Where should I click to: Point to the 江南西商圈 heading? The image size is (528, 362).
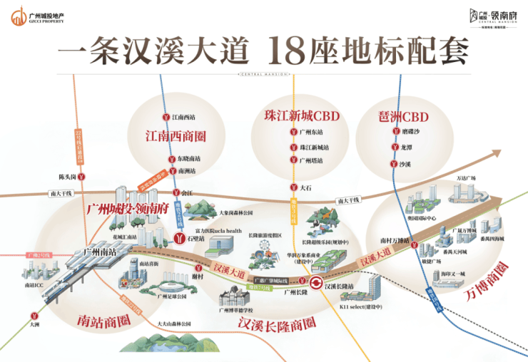[x=176, y=135]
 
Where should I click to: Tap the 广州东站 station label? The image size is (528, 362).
[x=311, y=132]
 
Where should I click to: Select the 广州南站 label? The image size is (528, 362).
[x=99, y=252]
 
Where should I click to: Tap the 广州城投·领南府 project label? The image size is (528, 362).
[x=126, y=209]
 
